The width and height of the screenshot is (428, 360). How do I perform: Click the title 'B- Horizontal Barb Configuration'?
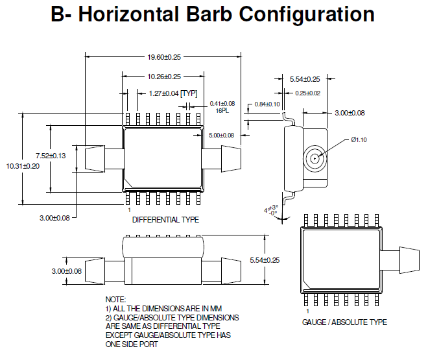tap(213, 16)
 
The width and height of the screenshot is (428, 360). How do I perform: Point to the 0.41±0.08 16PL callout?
tap(222, 106)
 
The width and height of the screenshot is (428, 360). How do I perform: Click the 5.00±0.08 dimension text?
tap(221, 135)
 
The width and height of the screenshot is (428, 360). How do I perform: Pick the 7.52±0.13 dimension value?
tap(50, 155)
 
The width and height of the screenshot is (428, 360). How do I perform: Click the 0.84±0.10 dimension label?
tap(267, 104)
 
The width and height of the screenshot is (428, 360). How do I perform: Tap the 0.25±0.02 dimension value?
tap(307, 93)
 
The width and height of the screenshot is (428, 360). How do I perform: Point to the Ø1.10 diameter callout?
tap(359, 140)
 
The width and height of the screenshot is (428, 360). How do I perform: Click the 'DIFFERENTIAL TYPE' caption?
tap(165, 220)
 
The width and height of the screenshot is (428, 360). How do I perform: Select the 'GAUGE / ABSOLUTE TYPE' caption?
tap(344, 322)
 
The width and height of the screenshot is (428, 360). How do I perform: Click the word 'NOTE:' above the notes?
tap(115, 298)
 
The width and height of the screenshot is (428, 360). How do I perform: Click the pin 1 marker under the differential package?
tap(130, 210)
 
